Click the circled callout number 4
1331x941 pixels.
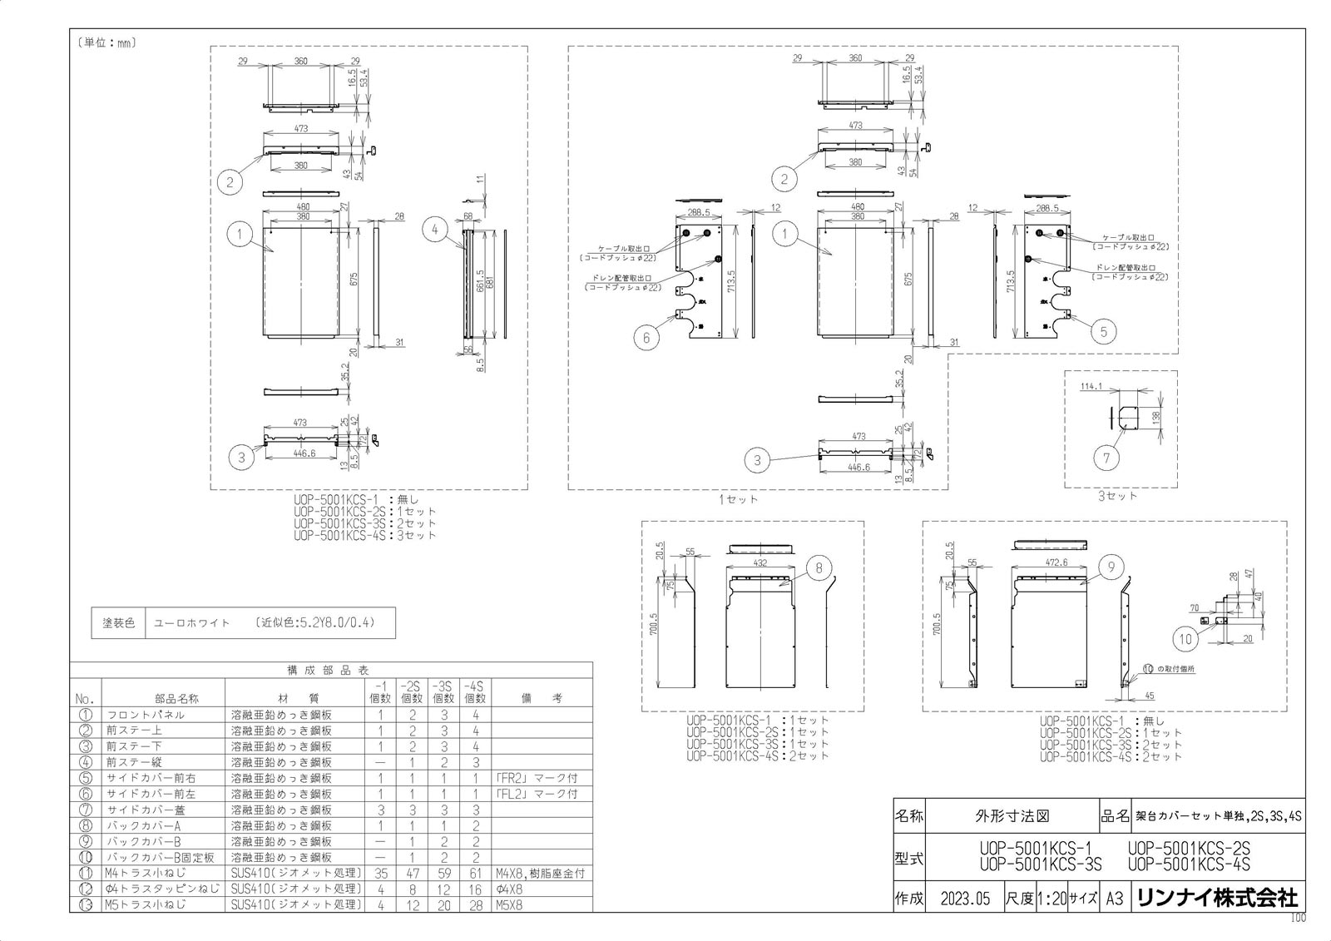[435, 230]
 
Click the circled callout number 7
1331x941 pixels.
[1106, 458]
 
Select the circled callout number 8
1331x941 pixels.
[819, 568]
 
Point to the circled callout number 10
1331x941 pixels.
[1185, 639]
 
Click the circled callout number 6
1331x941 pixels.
[646, 337]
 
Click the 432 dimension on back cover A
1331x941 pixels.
[760, 563]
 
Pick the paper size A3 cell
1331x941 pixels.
[1115, 899]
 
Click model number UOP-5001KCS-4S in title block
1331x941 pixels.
[1189, 864]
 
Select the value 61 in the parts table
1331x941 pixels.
[475, 873]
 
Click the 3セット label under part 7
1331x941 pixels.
[1117, 496]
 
